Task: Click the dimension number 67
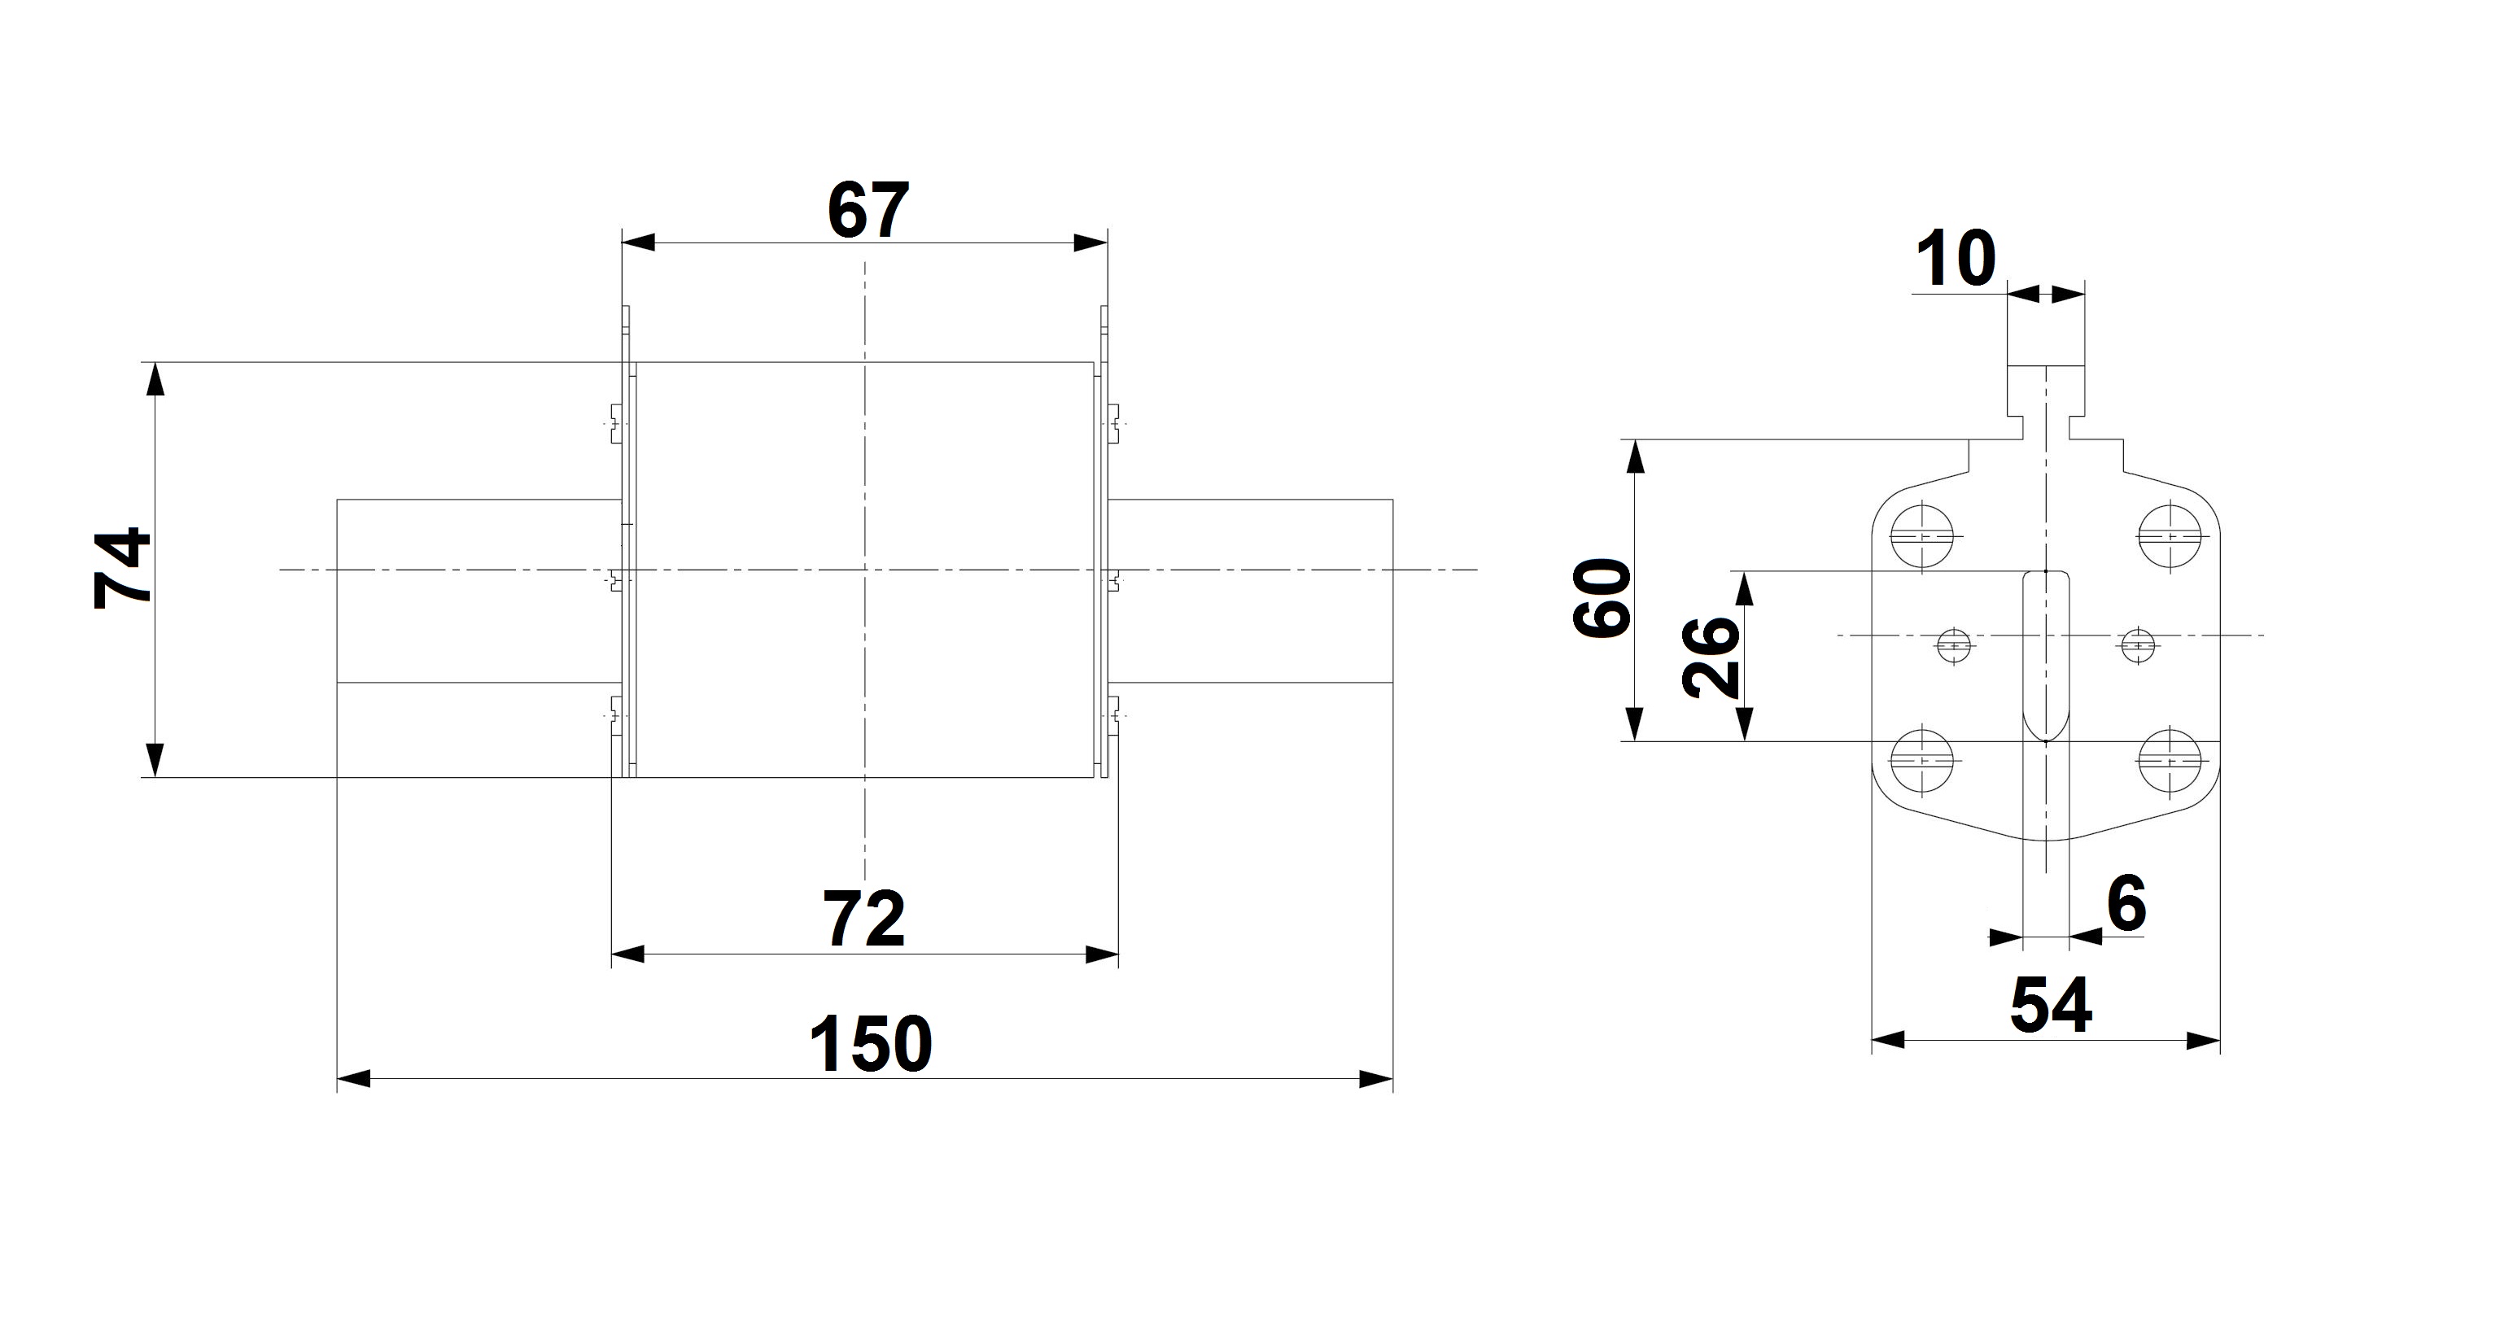[x=868, y=210]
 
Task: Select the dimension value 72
[x=865, y=919]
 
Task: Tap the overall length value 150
[x=870, y=1043]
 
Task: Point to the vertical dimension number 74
[x=122, y=568]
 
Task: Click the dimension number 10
[x=1955, y=260]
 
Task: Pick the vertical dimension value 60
[x=1602, y=598]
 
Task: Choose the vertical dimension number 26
[x=1712, y=657]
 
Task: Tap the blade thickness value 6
[x=2126, y=903]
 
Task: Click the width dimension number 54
[x=2051, y=1006]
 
